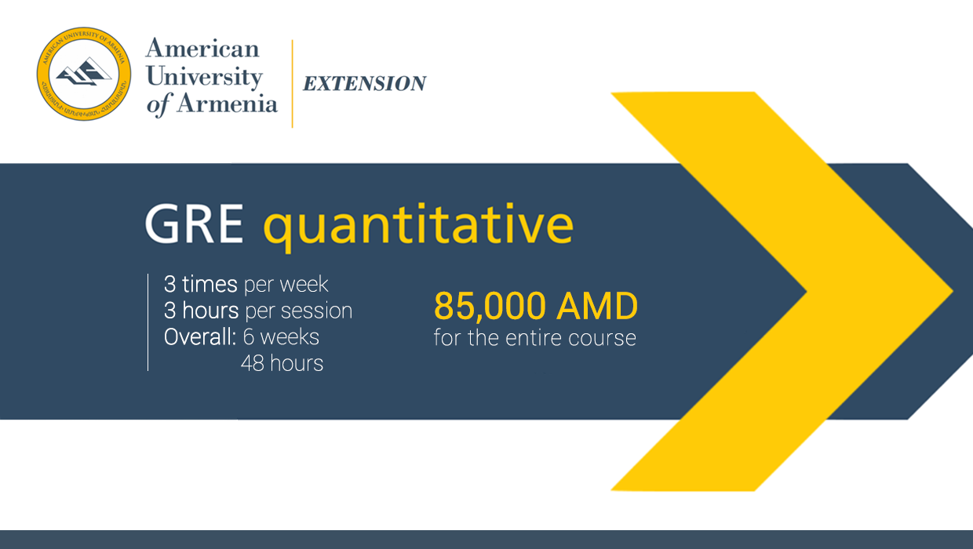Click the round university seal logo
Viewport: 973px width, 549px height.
coord(84,74)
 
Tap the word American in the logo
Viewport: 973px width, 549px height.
coord(202,49)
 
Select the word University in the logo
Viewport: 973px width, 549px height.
coord(204,76)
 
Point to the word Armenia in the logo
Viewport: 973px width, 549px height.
coord(227,103)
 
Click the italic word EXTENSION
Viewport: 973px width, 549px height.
coord(364,84)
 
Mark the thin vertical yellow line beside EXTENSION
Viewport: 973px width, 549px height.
coord(293,83)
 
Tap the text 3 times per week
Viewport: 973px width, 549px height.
coord(246,284)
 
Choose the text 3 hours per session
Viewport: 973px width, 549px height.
coord(257,311)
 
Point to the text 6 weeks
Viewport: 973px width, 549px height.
coord(281,337)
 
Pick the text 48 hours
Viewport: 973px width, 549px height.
coord(282,363)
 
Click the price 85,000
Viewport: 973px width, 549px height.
coord(490,307)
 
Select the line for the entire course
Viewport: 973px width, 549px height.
coord(534,338)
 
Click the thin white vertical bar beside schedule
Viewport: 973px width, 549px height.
coord(148,322)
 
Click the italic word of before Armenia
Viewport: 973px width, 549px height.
coord(158,104)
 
